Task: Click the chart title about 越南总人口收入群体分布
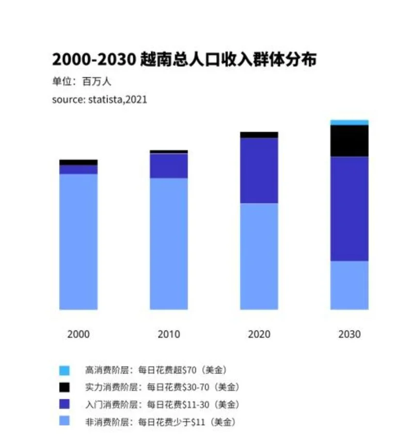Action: pyautogui.click(x=184, y=59)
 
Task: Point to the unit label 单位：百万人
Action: pyautogui.click(x=82, y=82)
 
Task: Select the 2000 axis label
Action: pyautogui.click(x=78, y=334)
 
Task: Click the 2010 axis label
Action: pyautogui.click(x=169, y=334)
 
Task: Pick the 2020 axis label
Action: pyautogui.click(x=259, y=334)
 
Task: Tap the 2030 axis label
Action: pyautogui.click(x=350, y=334)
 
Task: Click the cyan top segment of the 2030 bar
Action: pyautogui.click(x=349, y=122)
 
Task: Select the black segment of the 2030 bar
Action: pyautogui.click(x=349, y=141)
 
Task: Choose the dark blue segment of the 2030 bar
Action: pyautogui.click(x=349, y=209)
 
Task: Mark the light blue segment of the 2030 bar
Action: pyautogui.click(x=349, y=285)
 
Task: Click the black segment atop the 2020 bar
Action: pyautogui.click(x=259, y=135)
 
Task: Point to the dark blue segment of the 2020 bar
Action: pyautogui.click(x=259, y=171)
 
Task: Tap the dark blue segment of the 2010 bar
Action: pyautogui.click(x=169, y=166)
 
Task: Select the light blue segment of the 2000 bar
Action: pyautogui.click(x=78, y=242)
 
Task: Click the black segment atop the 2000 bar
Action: pyautogui.click(x=78, y=162)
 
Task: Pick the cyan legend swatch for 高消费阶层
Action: pyautogui.click(x=65, y=371)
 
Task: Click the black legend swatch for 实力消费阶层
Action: pyautogui.click(x=65, y=387)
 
